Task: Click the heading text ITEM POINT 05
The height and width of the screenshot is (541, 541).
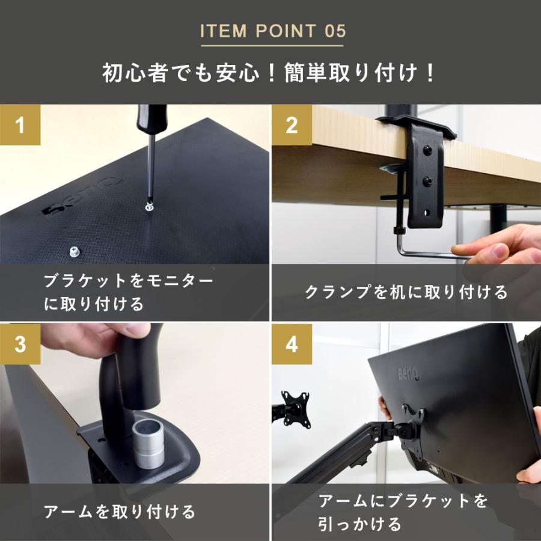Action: point(273,31)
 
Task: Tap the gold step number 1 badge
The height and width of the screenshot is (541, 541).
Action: point(20,125)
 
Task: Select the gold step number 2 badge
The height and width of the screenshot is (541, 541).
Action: point(292,125)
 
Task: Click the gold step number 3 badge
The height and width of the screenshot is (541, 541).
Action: point(20,344)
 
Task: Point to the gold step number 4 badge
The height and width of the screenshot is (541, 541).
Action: point(292,344)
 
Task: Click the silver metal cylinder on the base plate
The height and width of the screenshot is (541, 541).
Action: point(148,444)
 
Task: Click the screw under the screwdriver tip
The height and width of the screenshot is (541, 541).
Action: point(149,207)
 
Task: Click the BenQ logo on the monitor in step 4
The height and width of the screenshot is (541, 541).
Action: point(409,374)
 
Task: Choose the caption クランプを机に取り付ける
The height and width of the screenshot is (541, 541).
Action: point(406,293)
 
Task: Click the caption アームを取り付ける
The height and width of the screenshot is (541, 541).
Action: point(120,512)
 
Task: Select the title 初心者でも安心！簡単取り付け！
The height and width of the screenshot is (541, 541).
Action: point(270,73)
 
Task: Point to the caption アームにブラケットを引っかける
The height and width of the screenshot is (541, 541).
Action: point(402,513)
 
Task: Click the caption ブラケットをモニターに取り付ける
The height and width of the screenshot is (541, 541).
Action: point(129,293)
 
